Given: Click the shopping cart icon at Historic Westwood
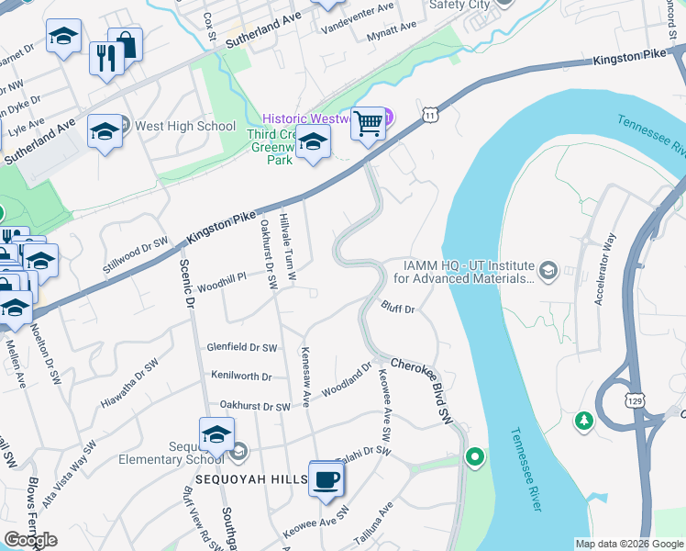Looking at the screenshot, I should point(368,123).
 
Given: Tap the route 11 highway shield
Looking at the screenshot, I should point(429,115).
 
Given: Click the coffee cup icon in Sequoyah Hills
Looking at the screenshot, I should point(326,478).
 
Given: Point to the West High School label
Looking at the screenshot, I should point(185,126).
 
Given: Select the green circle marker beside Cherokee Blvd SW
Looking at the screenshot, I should point(474,456).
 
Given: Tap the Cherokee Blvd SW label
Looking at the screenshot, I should point(423,390).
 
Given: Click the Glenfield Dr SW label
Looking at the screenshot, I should point(242,347).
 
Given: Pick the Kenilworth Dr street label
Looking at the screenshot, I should point(241,377).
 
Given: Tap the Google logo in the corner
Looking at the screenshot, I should point(30,540).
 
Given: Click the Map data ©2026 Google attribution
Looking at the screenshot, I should point(628,544).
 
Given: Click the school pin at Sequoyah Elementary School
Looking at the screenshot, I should point(216,434).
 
